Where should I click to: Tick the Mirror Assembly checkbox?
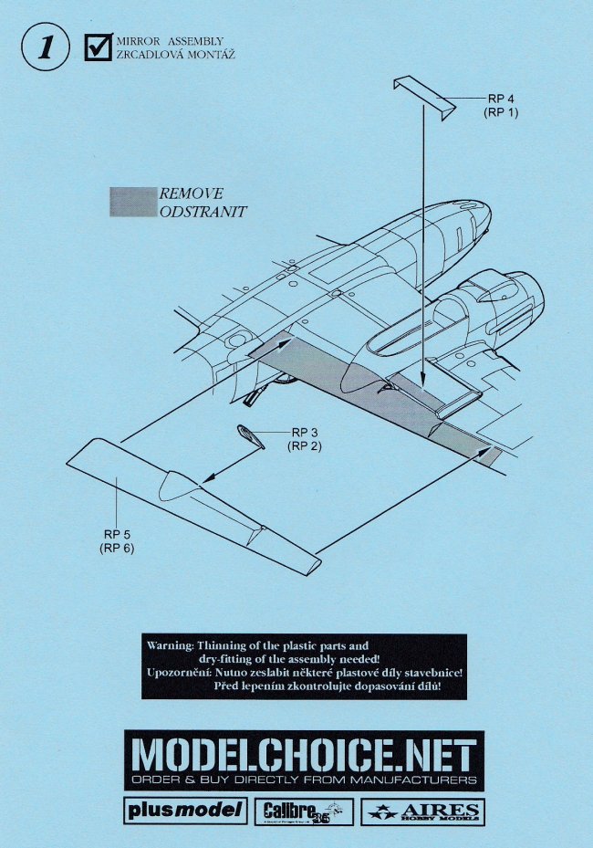97,47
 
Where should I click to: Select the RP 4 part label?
502,99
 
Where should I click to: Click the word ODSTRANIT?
203,211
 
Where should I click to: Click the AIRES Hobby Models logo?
421,811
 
